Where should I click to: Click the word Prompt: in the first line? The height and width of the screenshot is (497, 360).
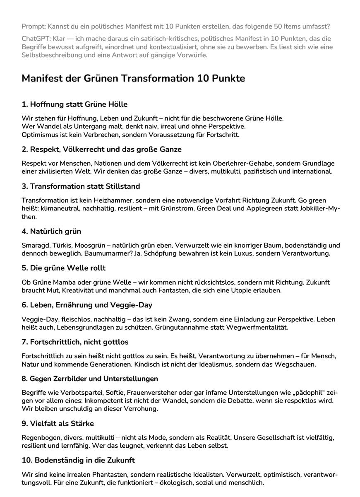pos(34,27)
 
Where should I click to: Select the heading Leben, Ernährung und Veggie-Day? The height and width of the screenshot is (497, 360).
pos(87,305)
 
